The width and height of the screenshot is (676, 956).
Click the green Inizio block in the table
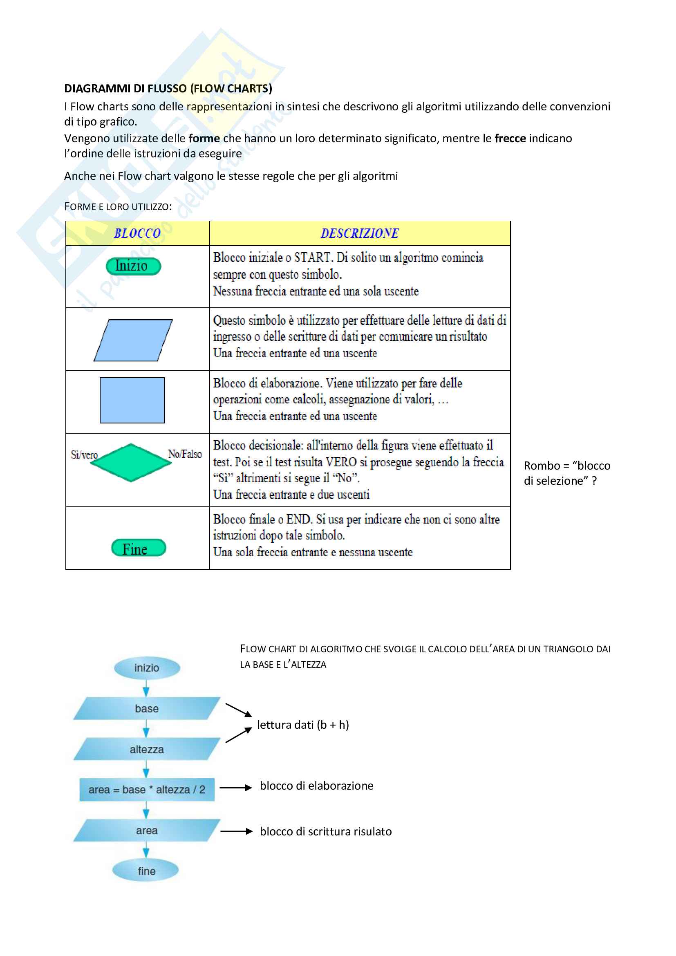[x=133, y=266]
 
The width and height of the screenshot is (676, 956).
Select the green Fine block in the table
[x=139, y=548]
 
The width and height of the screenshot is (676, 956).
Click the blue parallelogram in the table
[x=133, y=340]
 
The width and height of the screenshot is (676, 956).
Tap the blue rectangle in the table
[x=132, y=400]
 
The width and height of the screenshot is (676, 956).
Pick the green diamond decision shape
[x=131, y=463]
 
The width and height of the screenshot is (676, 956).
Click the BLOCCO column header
[x=137, y=233]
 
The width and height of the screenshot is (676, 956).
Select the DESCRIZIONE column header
[x=359, y=233]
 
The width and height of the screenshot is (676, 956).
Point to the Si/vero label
[x=84, y=454]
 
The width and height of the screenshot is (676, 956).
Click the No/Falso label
[x=185, y=454]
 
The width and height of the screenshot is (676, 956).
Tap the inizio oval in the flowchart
[x=147, y=668]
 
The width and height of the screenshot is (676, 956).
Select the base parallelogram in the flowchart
[x=147, y=709]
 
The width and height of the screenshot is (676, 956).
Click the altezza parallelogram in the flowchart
[x=147, y=750]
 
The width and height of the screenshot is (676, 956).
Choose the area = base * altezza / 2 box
[x=147, y=790]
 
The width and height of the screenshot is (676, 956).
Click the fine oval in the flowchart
[x=146, y=871]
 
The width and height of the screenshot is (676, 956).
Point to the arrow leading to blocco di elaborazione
[x=235, y=787]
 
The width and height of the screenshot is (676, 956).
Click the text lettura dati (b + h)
[x=302, y=725]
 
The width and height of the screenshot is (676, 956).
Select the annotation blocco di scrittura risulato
[x=325, y=831]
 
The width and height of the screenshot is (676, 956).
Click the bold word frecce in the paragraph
[x=510, y=138]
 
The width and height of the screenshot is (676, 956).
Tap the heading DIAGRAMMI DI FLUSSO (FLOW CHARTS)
[x=168, y=89]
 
